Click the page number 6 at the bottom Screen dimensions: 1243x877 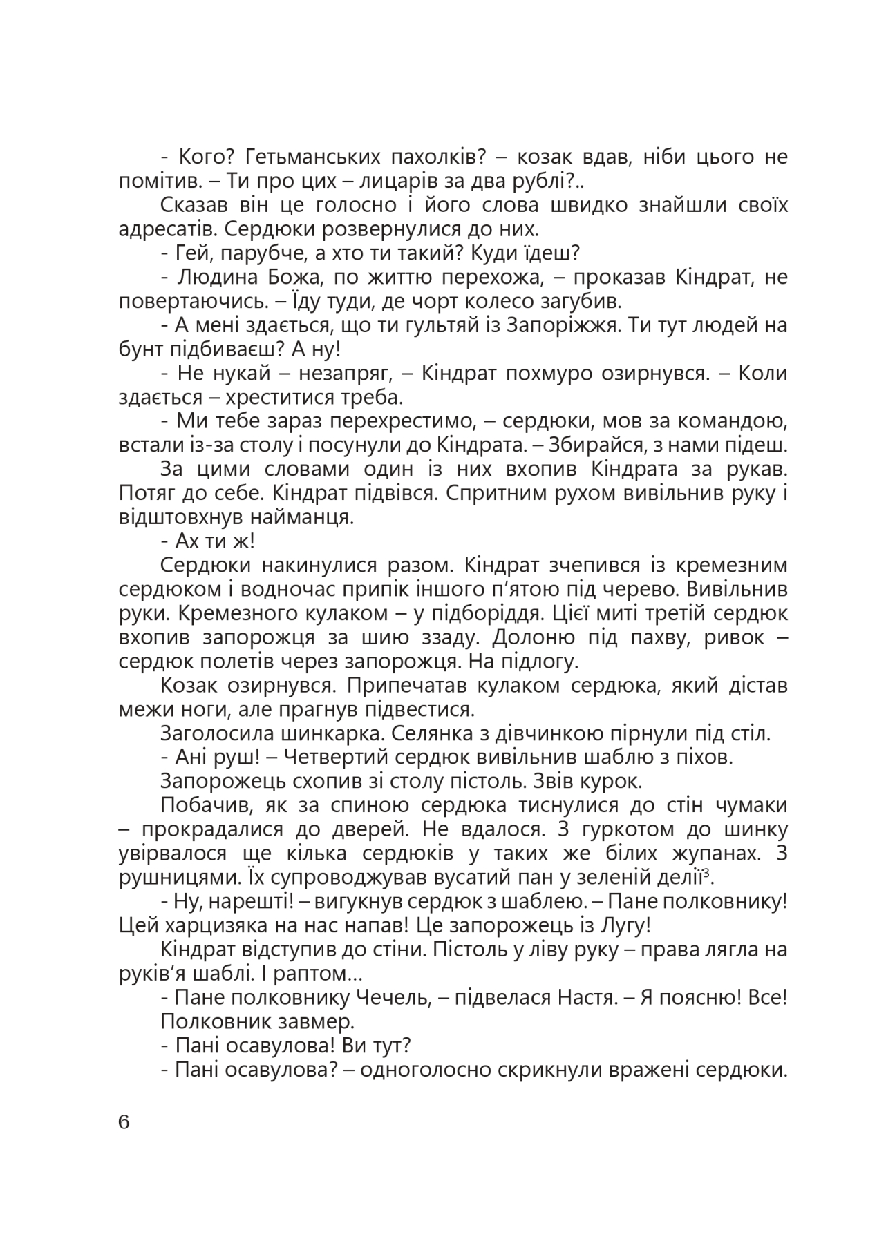(x=124, y=1122)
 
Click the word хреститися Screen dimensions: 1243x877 (x=258, y=397)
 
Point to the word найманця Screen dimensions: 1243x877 (x=294, y=517)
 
